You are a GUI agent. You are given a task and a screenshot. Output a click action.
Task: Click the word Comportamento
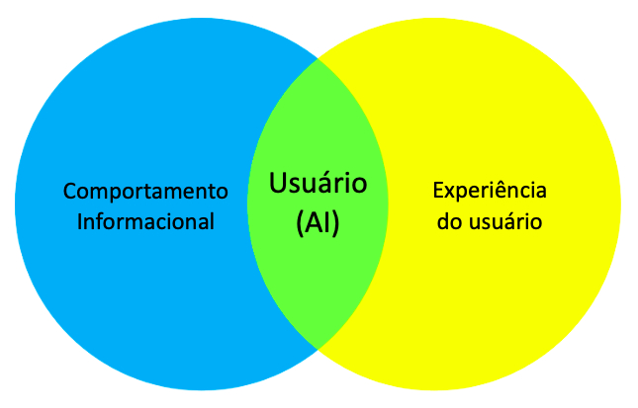click(x=145, y=190)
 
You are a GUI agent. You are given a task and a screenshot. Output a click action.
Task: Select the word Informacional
click(x=145, y=221)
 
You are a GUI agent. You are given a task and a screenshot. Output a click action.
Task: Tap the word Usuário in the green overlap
click(x=318, y=184)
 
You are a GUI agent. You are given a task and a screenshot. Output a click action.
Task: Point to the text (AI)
click(x=318, y=223)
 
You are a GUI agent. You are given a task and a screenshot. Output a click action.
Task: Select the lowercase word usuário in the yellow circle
click(x=503, y=221)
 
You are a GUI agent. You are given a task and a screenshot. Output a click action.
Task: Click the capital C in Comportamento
click(x=69, y=190)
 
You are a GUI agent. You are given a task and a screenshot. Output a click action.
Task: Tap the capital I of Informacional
click(x=80, y=221)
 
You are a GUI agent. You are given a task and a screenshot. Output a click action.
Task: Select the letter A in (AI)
click(x=313, y=223)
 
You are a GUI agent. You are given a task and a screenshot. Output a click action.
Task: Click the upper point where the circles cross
click(x=318, y=58)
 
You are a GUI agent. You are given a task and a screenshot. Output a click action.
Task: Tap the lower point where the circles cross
click(x=318, y=348)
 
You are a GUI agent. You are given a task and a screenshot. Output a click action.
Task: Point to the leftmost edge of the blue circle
click(x=15, y=204)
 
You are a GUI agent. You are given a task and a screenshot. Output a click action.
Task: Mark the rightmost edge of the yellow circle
click(x=620, y=204)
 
